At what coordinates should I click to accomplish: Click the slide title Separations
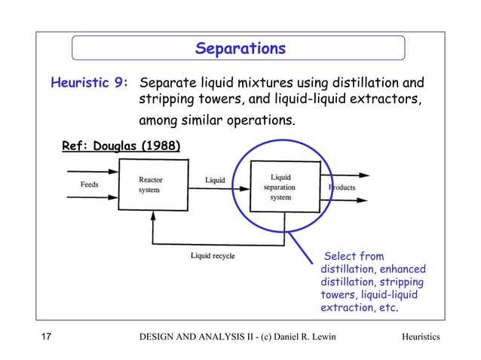coord(240,49)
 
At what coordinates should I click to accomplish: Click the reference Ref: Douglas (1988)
coord(121,145)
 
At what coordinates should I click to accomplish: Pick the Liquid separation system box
coord(280,187)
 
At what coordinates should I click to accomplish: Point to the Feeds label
coord(89,184)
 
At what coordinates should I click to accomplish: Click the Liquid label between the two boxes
coord(215,180)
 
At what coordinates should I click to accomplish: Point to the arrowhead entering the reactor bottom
coord(154,215)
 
